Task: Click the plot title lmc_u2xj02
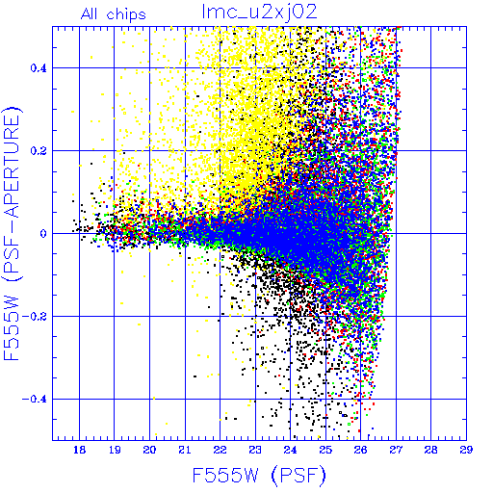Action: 259,13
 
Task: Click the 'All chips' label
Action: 114,14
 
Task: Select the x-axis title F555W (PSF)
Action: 259,476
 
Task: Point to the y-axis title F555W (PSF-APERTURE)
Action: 12,233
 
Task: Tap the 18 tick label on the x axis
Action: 79,450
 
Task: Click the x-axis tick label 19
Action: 115,450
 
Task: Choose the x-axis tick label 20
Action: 149,450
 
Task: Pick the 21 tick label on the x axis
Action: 185,450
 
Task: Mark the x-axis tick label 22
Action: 220,450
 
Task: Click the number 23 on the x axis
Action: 255,450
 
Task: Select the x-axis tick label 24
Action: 290,450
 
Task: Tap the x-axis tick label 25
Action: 325,450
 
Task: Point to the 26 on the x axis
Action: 360,450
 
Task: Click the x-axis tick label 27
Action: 396,450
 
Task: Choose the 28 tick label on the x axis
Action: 430,450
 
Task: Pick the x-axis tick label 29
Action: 466,450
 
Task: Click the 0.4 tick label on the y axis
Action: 39,68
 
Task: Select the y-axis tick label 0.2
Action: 39,151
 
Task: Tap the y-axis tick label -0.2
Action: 35,317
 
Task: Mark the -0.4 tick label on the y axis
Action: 35,400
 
